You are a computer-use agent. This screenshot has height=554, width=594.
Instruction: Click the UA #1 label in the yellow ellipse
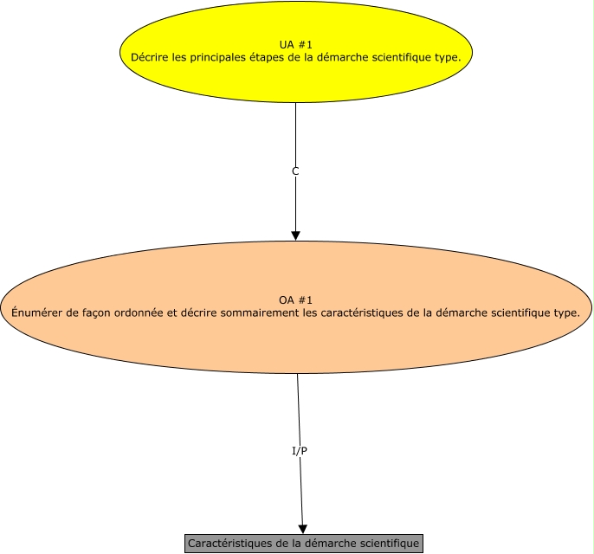[x=295, y=43]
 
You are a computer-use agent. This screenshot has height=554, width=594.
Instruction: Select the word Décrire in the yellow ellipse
[x=149, y=56]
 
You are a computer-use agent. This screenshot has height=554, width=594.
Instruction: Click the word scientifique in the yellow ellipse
[x=398, y=56]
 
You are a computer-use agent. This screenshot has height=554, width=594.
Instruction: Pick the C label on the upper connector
[x=295, y=171]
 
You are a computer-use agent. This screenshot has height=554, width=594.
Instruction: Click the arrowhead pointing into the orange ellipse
[x=295, y=235]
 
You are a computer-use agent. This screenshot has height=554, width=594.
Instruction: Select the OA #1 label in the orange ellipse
[x=295, y=299]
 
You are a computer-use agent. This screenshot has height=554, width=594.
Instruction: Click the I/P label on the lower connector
[x=300, y=451]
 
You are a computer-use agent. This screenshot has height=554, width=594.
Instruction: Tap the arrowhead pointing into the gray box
[x=303, y=528]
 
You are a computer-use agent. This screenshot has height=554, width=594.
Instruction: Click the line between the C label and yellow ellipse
[x=295, y=130]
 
